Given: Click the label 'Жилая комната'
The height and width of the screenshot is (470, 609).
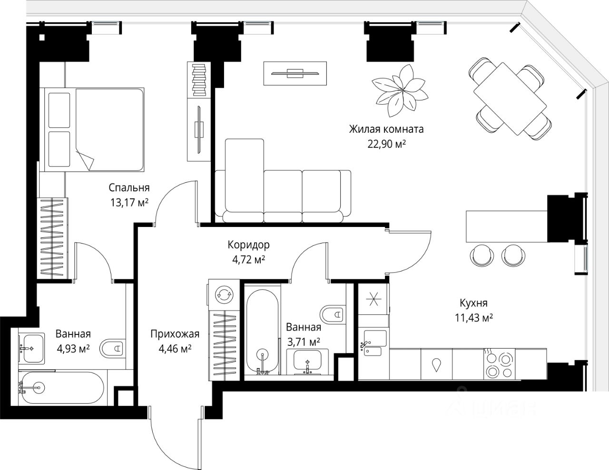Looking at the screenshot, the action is (386, 129).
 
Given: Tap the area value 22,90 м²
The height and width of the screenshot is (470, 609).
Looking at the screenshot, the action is (387, 144).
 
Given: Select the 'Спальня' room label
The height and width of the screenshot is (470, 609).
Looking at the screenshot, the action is (129, 187).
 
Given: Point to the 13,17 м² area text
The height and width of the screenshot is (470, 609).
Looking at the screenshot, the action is (129, 202).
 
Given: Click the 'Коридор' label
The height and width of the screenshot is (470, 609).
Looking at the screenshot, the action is (248, 245).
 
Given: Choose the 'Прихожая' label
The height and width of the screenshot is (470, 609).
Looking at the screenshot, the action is (175, 334).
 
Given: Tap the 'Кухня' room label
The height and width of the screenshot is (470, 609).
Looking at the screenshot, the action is (473, 303).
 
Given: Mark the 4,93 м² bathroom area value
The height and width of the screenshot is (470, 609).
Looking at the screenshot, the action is (73, 349).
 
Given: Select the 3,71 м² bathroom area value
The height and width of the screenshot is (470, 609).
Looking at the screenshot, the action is (304, 342).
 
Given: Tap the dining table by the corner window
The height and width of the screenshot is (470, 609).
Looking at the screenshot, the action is (510, 98).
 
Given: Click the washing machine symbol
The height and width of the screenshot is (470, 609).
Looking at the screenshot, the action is (224, 294).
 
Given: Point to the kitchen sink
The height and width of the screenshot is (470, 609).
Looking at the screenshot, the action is (373, 343).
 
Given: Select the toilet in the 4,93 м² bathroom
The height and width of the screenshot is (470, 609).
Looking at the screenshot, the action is (112, 348).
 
